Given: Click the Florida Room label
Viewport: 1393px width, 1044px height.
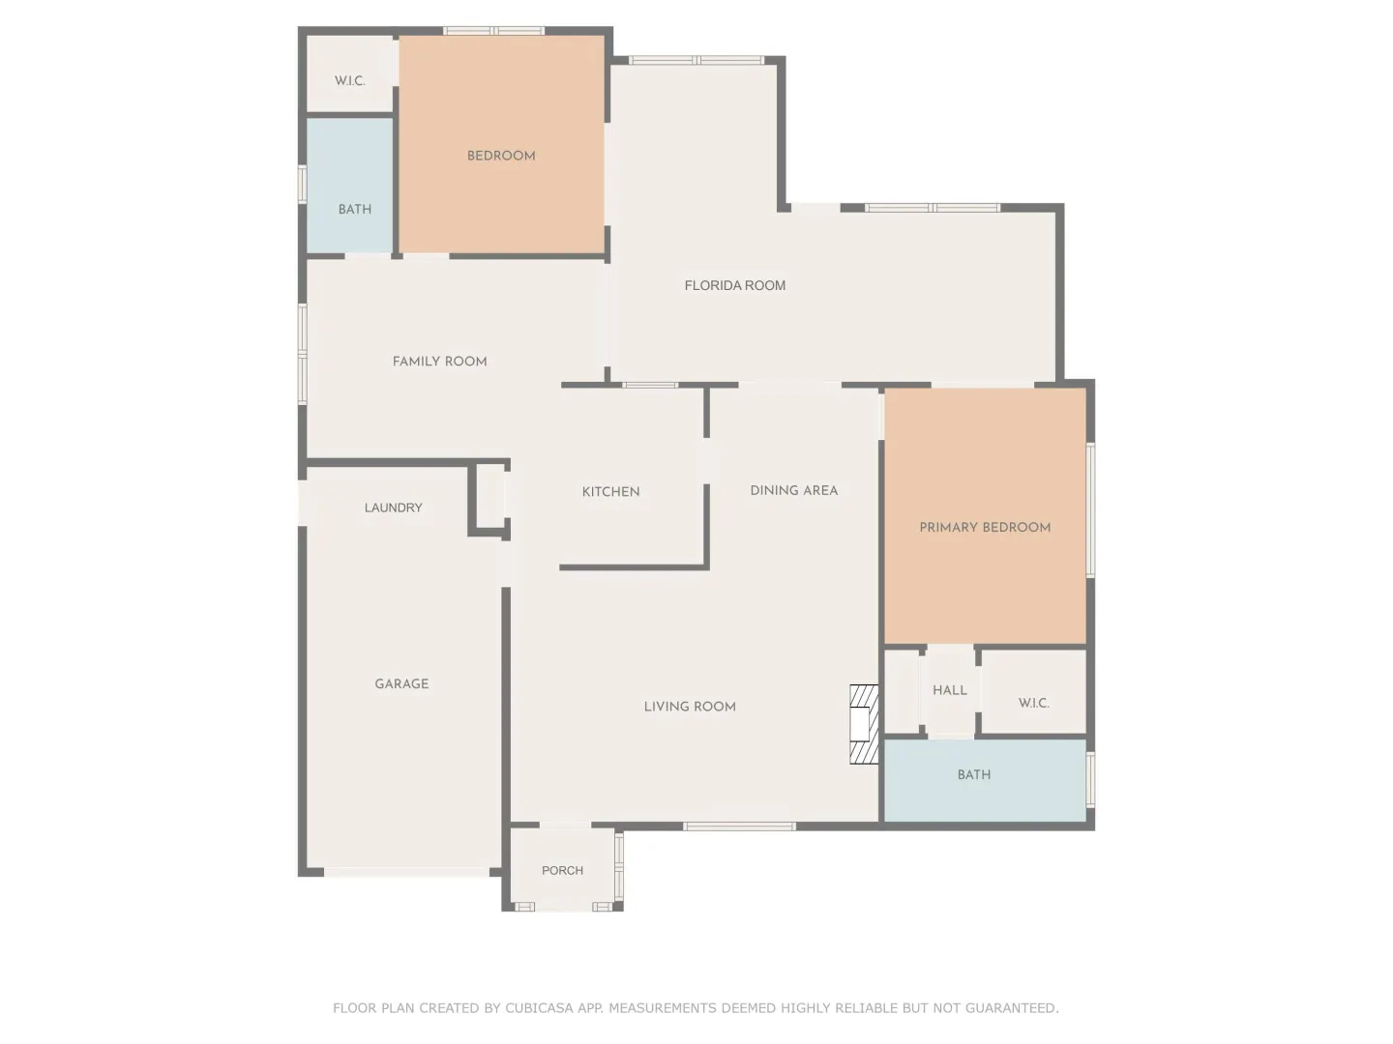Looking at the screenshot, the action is [x=734, y=285].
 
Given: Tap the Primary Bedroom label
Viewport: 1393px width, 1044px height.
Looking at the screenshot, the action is [x=985, y=527].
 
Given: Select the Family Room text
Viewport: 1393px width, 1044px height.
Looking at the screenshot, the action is [x=439, y=361].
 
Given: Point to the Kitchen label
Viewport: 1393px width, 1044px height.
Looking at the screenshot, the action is [x=610, y=491].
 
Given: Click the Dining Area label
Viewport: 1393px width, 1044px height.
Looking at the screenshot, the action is [x=793, y=490].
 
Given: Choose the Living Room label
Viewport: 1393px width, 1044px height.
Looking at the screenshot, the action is [x=689, y=706].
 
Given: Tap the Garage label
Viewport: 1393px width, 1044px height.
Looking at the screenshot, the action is [x=401, y=683].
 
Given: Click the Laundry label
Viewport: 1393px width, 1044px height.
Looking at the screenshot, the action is [x=393, y=507].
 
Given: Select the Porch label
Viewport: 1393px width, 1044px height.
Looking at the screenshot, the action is [x=562, y=870].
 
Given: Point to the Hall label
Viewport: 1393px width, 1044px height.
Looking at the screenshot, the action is [x=949, y=689].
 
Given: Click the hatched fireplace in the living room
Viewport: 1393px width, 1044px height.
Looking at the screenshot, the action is [x=864, y=724].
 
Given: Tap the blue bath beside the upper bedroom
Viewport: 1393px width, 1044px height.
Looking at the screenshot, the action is [x=349, y=185].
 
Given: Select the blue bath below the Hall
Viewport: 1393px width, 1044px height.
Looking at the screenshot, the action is [x=985, y=780].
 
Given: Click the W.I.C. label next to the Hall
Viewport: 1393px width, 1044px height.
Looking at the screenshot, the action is [x=1033, y=703].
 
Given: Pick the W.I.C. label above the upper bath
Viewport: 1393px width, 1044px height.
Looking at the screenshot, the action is [x=349, y=80].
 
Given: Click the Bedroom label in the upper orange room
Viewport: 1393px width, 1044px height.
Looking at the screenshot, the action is [x=501, y=156].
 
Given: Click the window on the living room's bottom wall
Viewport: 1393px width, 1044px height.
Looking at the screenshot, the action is [x=739, y=826].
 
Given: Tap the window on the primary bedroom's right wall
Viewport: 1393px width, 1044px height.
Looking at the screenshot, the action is [x=1090, y=510].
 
